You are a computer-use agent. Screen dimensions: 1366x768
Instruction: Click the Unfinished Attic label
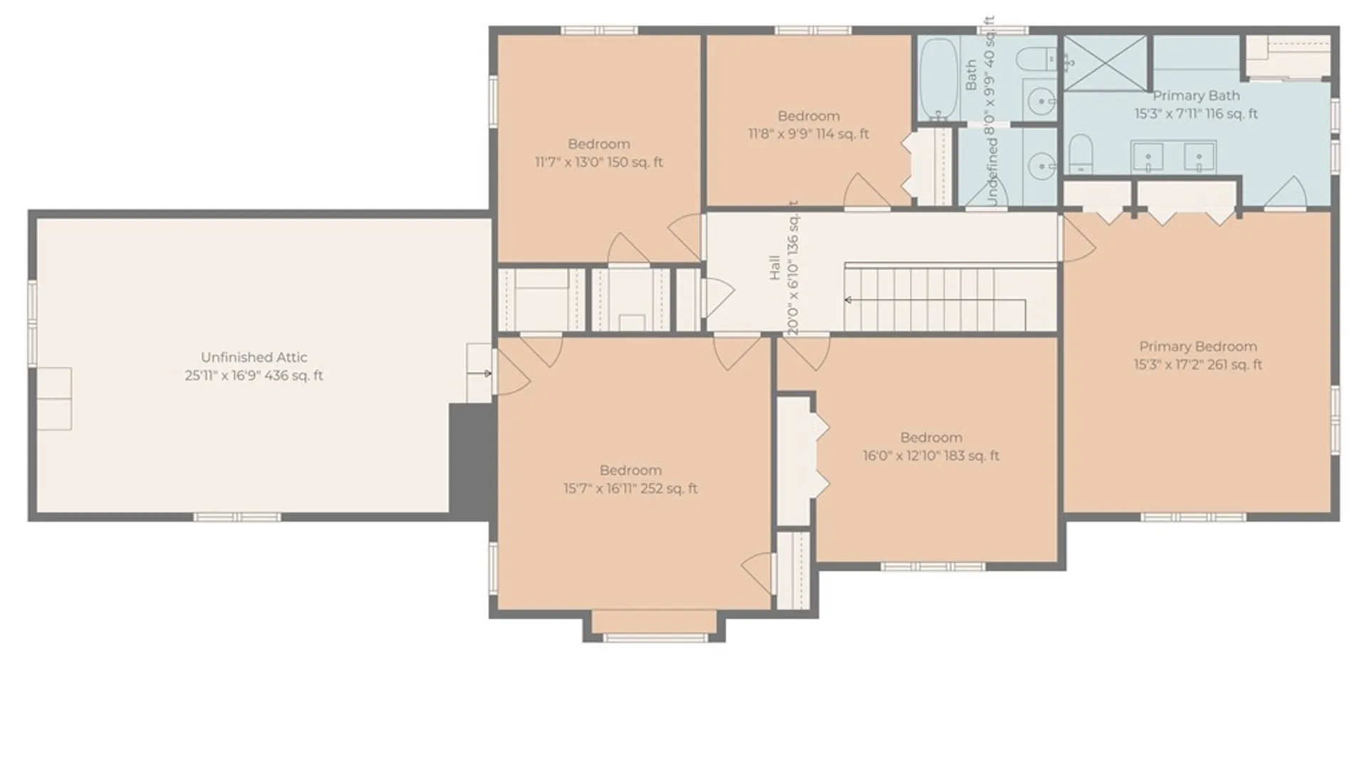pyautogui.click(x=254, y=357)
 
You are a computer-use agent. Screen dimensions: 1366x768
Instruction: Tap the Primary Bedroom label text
pyautogui.click(x=1198, y=346)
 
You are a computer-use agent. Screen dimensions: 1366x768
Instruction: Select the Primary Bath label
pyautogui.click(x=1196, y=95)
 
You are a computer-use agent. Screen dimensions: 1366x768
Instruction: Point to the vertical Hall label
pyautogui.click(x=775, y=268)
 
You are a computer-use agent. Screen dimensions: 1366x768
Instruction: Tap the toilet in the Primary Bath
pyautogui.click(x=1081, y=154)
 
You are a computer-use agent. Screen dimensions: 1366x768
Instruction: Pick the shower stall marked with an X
pyautogui.click(x=1105, y=63)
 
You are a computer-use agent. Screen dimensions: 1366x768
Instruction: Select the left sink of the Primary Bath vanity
pyautogui.click(x=1148, y=157)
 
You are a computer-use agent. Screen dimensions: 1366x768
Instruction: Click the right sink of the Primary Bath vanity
pyautogui.click(x=1200, y=157)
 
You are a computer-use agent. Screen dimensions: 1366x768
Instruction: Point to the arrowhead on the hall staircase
pyautogui.click(x=848, y=300)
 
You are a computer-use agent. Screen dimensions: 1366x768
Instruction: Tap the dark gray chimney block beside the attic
pyautogui.click(x=472, y=459)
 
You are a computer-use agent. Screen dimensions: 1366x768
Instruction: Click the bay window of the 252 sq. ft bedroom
pyautogui.click(x=655, y=626)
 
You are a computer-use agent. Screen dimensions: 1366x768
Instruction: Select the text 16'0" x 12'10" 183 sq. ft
pyautogui.click(x=931, y=456)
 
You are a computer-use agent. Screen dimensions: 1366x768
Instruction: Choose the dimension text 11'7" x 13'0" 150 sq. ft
pyautogui.click(x=598, y=162)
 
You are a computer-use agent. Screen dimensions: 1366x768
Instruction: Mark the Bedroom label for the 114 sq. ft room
pyautogui.click(x=808, y=116)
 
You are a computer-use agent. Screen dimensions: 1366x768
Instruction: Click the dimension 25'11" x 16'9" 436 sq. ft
pyautogui.click(x=254, y=375)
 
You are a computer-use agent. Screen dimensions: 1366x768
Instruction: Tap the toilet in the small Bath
pyautogui.click(x=1037, y=59)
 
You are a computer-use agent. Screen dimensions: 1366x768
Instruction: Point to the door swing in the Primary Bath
pyautogui.click(x=1285, y=193)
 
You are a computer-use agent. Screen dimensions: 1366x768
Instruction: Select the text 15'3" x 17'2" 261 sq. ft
pyautogui.click(x=1198, y=365)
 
